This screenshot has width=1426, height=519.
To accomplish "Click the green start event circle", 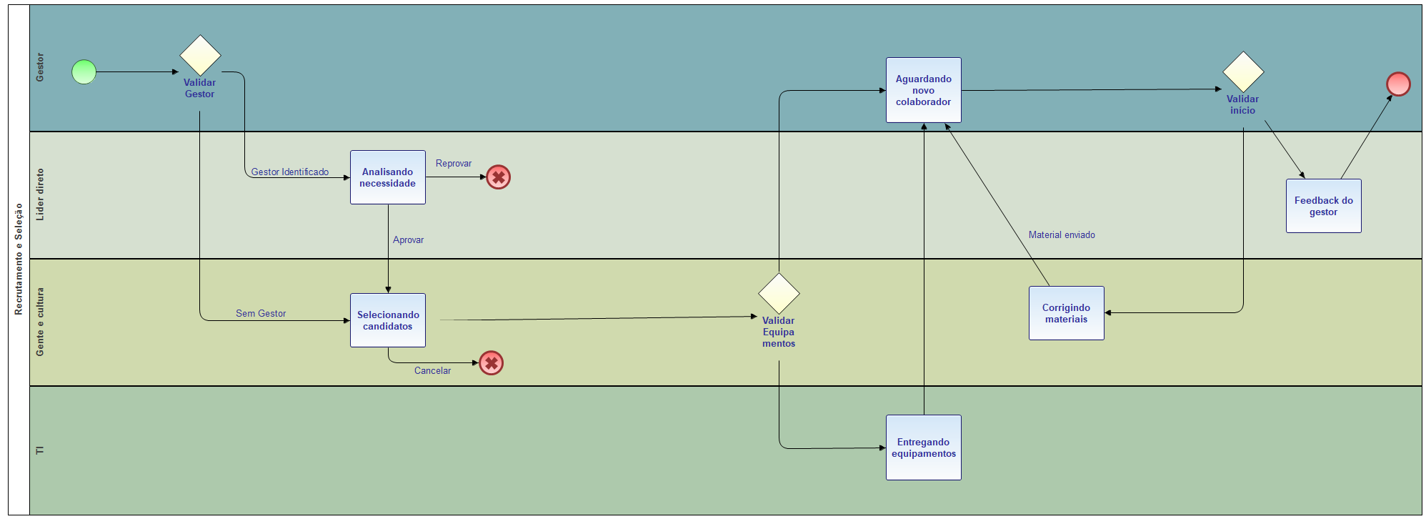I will pyautogui.click(x=84, y=71).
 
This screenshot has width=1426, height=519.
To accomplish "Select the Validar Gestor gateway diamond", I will pyautogui.click(x=200, y=55).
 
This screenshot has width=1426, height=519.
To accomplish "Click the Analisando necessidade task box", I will pyautogui.click(x=388, y=177).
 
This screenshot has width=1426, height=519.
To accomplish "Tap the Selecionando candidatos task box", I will pyautogui.click(x=388, y=320).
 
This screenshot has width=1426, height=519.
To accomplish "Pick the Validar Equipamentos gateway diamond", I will pyautogui.click(x=779, y=293).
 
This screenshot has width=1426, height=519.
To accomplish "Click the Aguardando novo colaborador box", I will pyautogui.click(x=924, y=90).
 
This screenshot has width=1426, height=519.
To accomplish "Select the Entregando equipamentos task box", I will pyautogui.click(x=924, y=448).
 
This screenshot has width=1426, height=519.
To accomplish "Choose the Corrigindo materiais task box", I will pyautogui.click(x=1067, y=313).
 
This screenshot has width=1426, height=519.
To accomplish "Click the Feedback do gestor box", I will pyautogui.click(x=1324, y=206).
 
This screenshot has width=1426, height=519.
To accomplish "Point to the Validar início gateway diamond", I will pyautogui.click(x=1243, y=71).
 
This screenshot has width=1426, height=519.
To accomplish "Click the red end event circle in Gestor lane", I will pyautogui.click(x=1398, y=84).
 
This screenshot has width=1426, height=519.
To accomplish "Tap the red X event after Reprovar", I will pyautogui.click(x=498, y=177).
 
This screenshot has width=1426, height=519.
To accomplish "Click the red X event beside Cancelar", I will pyautogui.click(x=491, y=362).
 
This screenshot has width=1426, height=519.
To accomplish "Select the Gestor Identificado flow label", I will pyautogui.click(x=290, y=172).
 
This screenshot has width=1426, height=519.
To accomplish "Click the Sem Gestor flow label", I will pyautogui.click(x=261, y=314).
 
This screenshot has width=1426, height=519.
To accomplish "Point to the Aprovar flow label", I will pyautogui.click(x=408, y=240).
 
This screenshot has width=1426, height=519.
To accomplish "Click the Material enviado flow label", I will pyautogui.click(x=1062, y=235).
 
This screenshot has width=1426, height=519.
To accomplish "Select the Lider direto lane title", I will pyautogui.click(x=40, y=194).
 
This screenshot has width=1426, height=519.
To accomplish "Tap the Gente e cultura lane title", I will pyautogui.click(x=40, y=322).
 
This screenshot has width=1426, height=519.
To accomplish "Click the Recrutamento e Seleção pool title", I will pyautogui.click(x=19, y=259).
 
